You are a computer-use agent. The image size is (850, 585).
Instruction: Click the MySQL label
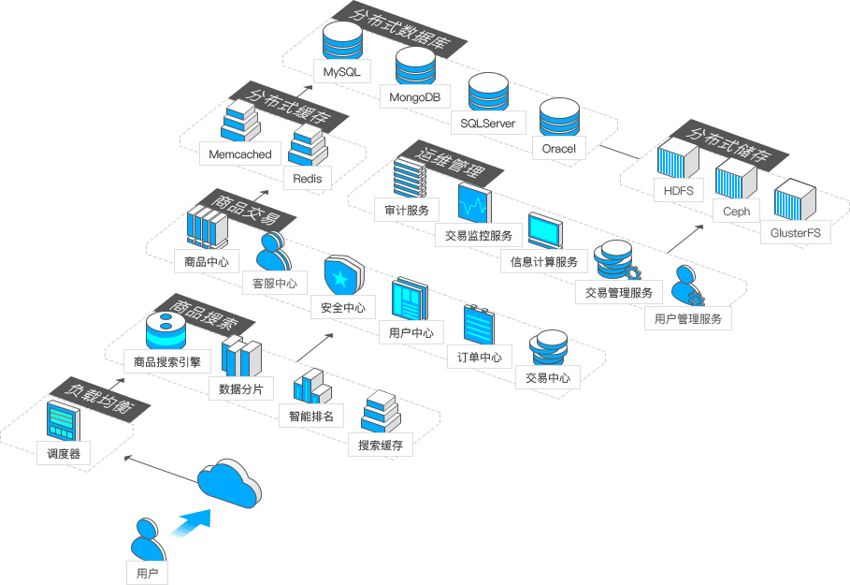(x=341, y=72)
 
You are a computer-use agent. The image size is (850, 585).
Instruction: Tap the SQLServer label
(x=488, y=123)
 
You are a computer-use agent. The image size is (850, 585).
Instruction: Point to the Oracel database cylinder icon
(x=560, y=117)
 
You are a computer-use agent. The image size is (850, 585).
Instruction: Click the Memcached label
(x=240, y=154)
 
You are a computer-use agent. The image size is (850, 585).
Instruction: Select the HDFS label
(x=678, y=191)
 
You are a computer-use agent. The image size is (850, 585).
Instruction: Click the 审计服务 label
(x=407, y=211)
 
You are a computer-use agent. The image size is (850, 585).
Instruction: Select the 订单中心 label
(x=480, y=357)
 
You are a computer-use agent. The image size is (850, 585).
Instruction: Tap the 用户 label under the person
(x=147, y=571)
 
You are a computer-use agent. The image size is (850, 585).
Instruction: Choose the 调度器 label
(x=65, y=455)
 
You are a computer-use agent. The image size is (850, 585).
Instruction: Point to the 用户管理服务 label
(x=688, y=319)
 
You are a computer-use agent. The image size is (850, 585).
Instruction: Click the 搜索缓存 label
(x=381, y=446)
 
